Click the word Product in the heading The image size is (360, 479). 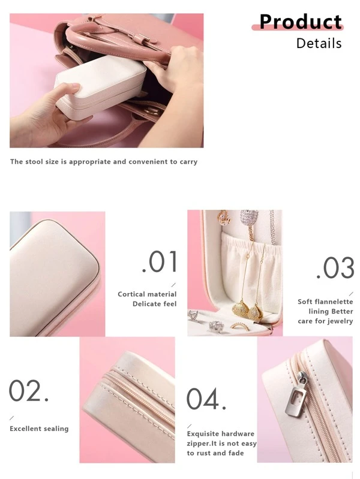pyautogui.click(x=301, y=22)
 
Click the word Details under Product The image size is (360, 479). pyautogui.click(x=319, y=43)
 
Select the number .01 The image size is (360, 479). pyautogui.click(x=160, y=262)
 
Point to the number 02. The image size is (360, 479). pyautogui.click(x=29, y=390)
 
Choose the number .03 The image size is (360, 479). pyautogui.click(x=335, y=268)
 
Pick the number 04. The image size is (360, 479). pyautogui.click(x=206, y=399)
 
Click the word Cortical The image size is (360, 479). pyautogui.click(x=131, y=294)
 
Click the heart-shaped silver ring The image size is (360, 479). pyautogui.click(x=193, y=315)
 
